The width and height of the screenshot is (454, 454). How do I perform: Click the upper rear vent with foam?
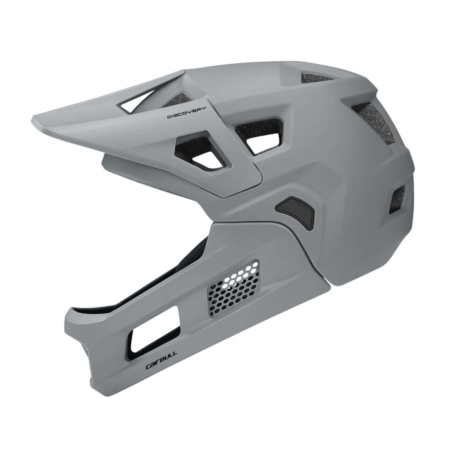pos(375,122)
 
